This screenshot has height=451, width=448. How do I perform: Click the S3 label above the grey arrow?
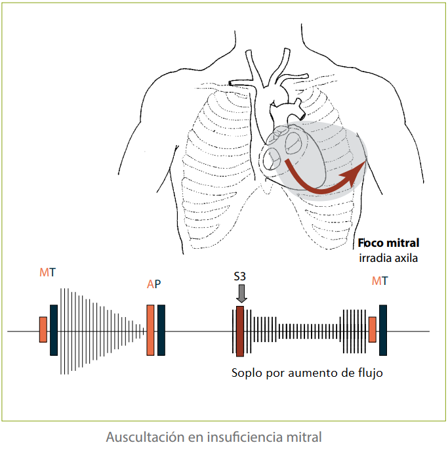pyautogui.click(x=240, y=278)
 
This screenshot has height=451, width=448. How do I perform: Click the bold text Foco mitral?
pyautogui.click(x=388, y=244)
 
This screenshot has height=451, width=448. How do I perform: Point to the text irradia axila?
pyautogui.click(x=388, y=257)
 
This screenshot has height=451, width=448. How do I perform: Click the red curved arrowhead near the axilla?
pyautogui.click(x=356, y=171)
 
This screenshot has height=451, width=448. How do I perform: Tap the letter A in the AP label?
pyautogui.click(x=150, y=284)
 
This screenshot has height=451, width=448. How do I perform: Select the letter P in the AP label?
pyautogui.click(x=157, y=284)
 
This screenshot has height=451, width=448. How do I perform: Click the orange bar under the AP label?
pyautogui.click(x=151, y=330)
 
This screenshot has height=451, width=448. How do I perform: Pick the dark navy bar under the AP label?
pyautogui.click(x=161, y=330)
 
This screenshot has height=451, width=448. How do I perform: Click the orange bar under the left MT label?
pyautogui.click(x=43, y=329)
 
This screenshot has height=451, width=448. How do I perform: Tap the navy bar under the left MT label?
pyautogui.click(x=54, y=330)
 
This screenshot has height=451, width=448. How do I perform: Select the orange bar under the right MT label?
pyautogui.click(x=373, y=329)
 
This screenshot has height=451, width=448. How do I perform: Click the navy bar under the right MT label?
pyautogui.click(x=383, y=330)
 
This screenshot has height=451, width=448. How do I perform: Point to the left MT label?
pyautogui.click(x=47, y=272)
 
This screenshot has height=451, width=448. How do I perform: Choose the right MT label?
pyautogui.click(x=379, y=281)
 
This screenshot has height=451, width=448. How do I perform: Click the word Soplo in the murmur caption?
pyautogui.click(x=247, y=374)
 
